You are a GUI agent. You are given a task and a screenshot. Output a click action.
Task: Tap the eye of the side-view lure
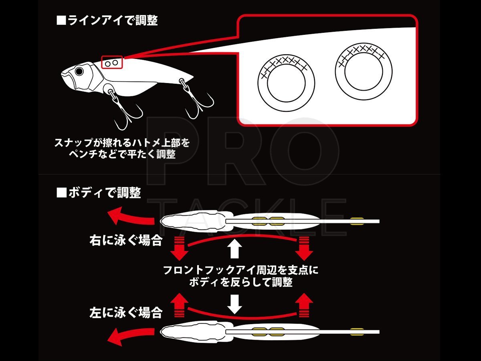tap(79, 71)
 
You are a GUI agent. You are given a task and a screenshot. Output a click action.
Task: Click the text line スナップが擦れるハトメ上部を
tap(121, 143)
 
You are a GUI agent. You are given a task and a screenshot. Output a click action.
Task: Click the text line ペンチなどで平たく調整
tap(121, 154)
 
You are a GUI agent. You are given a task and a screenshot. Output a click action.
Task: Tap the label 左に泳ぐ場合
tap(125, 312)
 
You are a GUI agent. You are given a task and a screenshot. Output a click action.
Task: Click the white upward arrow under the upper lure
tap(235, 249)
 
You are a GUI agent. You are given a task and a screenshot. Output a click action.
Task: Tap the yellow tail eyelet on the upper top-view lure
tap(357, 220)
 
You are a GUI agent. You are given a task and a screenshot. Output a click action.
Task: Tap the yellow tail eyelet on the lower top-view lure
tap(357, 331)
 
